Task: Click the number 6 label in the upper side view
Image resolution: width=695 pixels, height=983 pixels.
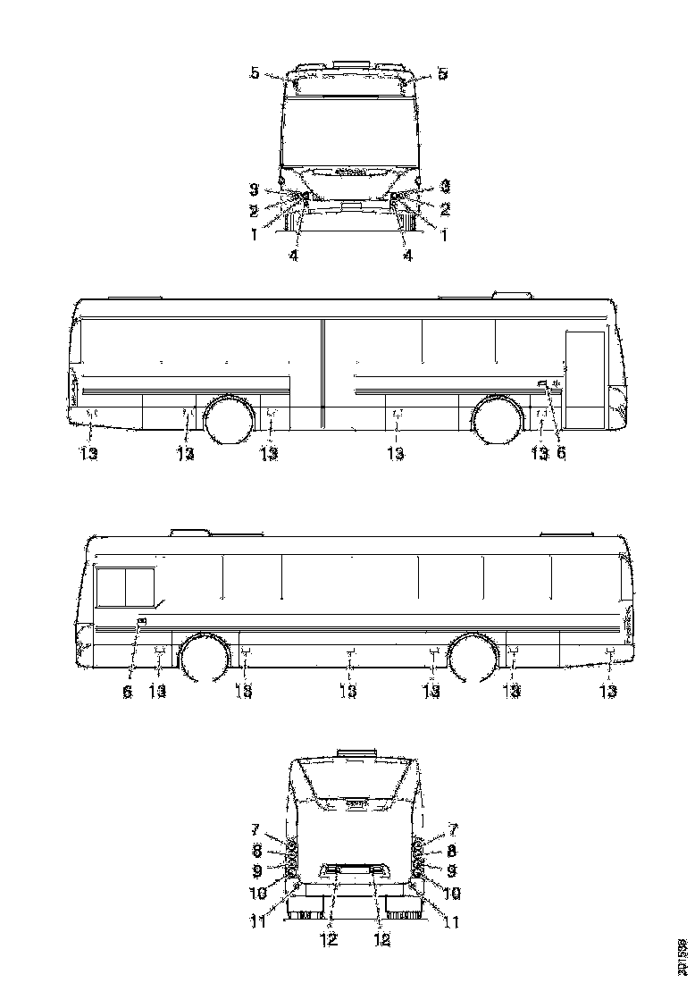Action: [561, 453]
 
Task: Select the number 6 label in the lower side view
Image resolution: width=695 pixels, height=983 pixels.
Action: [127, 692]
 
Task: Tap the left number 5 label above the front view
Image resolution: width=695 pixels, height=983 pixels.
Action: [255, 74]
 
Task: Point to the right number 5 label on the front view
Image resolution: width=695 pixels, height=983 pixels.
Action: [441, 74]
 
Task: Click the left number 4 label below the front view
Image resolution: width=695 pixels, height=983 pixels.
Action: [293, 256]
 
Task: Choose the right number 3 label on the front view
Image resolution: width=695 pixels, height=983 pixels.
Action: [445, 188]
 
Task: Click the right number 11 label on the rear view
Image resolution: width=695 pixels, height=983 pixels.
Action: [450, 921]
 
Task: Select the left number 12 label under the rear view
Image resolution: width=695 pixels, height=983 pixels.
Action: [330, 939]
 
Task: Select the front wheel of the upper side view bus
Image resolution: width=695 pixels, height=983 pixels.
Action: [497, 420]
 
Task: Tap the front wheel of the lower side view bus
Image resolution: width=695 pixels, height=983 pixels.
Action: [205, 660]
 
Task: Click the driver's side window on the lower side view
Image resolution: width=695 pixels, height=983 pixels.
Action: [125, 586]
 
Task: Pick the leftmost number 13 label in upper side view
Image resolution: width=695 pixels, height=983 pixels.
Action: [88, 453]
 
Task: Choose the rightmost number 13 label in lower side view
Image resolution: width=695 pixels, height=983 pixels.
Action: [608, 692]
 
